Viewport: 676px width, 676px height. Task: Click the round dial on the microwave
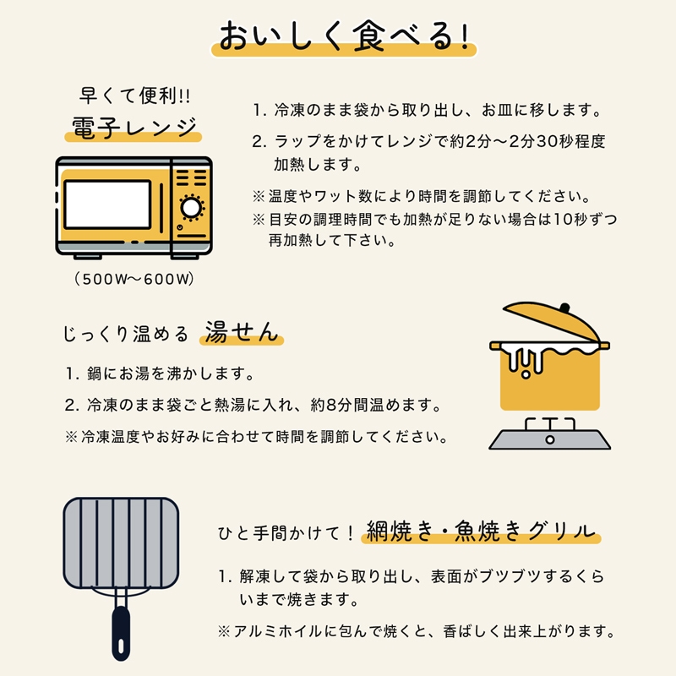point(192,206)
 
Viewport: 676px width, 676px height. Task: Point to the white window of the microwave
point(107,204)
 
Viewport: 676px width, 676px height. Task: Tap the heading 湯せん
point(241,332)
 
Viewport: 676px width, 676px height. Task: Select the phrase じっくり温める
point(126,334)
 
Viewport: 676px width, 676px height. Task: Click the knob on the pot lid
point(566,305)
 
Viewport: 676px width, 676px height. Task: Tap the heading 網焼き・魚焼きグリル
point(478,532)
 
